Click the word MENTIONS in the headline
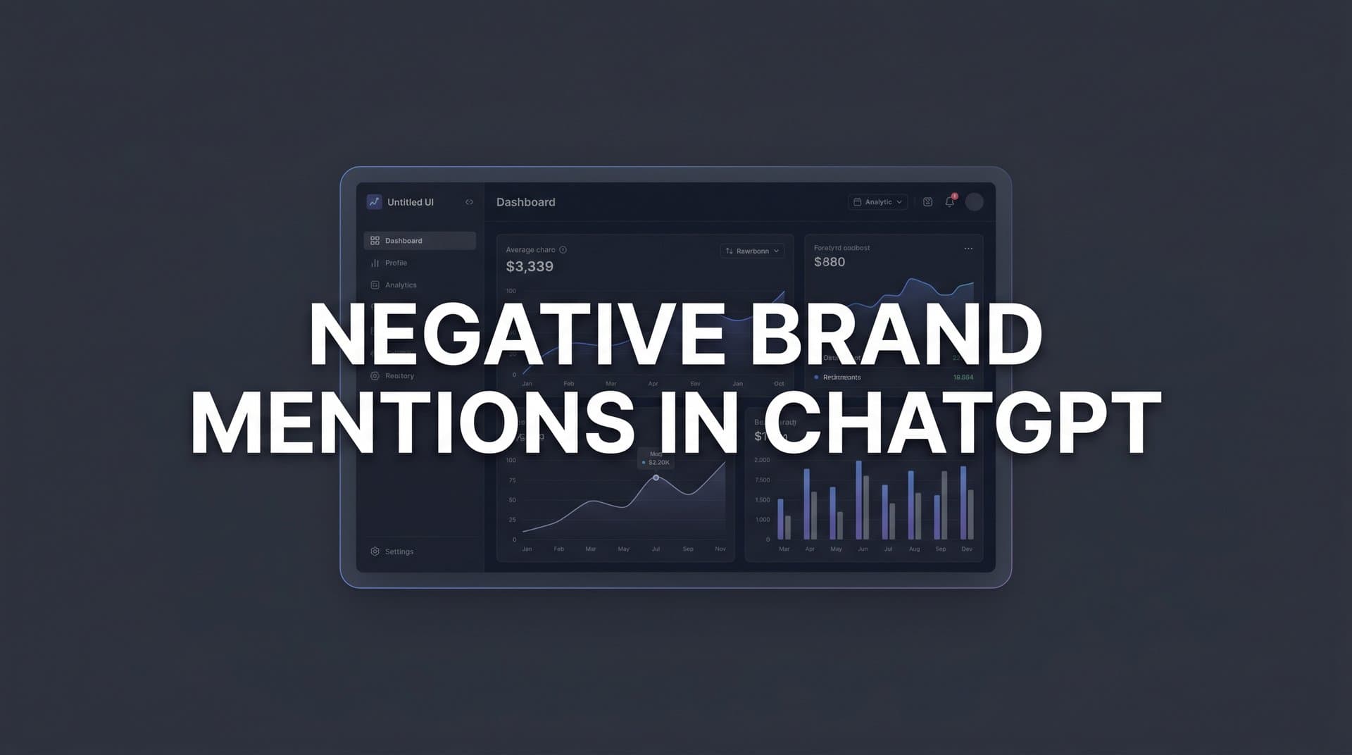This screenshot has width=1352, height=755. [413, 423]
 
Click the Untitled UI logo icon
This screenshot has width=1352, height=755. [374, 202]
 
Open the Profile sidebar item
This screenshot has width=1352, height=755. [396, 263]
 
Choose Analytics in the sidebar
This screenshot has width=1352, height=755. [401, 285]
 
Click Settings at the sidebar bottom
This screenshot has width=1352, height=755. [399, 551]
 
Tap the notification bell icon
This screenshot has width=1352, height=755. [949, 202]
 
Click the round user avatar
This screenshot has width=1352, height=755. [974, 202]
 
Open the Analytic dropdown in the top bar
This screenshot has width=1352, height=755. [877, 202]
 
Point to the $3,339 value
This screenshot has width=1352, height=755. [530, 267]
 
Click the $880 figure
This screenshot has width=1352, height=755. [829, 262]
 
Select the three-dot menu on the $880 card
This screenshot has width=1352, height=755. [968, 249]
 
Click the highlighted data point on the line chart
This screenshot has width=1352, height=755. [656, 478]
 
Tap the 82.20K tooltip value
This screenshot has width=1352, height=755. [659, 463]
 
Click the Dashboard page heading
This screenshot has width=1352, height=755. [525, 202]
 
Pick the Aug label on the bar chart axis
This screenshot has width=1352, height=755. [914, 549]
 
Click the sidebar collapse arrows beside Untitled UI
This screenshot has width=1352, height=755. [469, 202]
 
